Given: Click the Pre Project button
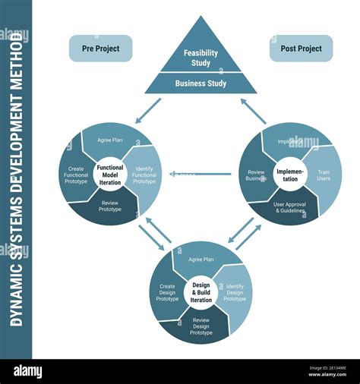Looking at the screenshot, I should [100, 49].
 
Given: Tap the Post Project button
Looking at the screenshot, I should [301, 49].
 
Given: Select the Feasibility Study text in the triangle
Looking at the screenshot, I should [201, 58].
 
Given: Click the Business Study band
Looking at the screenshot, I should [201, 83].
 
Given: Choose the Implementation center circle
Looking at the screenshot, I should [290, 174].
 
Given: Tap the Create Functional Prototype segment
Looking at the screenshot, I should [76, 175].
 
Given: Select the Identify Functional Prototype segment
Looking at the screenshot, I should [144, 176].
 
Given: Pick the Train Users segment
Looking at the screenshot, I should [323, 177].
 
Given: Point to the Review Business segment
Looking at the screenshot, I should [256, 176].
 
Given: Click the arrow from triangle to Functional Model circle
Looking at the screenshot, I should [149, 110].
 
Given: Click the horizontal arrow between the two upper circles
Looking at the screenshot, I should [200, 174].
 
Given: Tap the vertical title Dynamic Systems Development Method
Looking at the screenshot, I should [16, 179].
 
